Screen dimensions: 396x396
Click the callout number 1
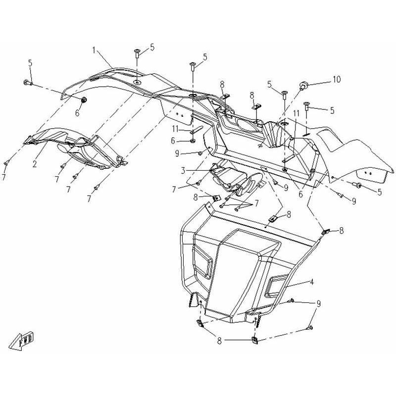point(94,49)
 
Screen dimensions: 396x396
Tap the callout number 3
point(183,171)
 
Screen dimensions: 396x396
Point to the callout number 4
point(312,282)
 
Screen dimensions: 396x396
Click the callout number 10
point(336,79)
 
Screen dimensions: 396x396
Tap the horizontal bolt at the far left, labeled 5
point(26,83)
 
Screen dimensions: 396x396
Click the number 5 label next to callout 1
point(152,47)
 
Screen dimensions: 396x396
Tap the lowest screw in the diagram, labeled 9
point(310,327)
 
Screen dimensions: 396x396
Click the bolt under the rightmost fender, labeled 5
point(356,185)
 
